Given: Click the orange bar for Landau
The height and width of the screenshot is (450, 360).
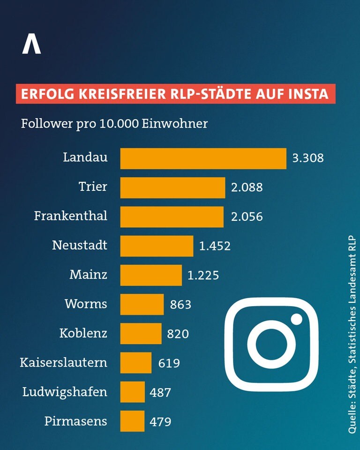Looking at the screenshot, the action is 203,159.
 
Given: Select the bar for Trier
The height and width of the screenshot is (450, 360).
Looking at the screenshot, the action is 172,187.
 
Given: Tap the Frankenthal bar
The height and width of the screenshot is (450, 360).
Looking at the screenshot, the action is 172,217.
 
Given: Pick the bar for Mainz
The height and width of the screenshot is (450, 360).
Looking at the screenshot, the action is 151,275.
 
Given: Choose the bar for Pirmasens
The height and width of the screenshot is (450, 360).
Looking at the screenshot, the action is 132,421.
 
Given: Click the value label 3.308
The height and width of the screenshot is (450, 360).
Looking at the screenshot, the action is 308,158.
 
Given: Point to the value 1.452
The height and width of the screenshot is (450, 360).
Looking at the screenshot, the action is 215,246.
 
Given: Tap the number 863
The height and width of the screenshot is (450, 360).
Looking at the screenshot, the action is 180,305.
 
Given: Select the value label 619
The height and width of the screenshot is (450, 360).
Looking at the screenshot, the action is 169,363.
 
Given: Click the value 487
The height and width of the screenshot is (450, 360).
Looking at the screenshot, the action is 160,392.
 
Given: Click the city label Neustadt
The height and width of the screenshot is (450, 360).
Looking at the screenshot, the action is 80,245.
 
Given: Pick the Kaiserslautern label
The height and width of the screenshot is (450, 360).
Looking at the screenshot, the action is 63,362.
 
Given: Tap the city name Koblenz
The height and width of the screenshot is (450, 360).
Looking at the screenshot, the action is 83,333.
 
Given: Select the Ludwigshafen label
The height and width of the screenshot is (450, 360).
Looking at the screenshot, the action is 65,392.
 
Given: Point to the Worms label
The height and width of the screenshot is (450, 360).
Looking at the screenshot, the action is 86,304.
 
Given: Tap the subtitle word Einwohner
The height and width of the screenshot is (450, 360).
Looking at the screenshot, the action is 174,124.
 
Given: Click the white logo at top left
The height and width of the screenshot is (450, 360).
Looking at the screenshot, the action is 31,43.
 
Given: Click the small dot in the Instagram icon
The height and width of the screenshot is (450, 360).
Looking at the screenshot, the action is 296,319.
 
